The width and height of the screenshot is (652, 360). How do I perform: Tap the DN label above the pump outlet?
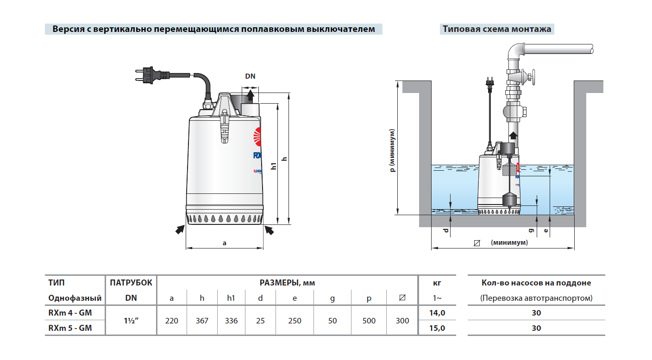point(250,77)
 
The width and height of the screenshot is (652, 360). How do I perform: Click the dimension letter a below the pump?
point(225,242)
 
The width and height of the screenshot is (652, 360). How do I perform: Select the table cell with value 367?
point(202,321)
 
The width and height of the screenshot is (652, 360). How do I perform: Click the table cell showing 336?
point(231,321)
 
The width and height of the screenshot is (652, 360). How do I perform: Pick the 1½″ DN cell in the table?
point(131,321)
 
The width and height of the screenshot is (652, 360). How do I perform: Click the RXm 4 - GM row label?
point(70,313)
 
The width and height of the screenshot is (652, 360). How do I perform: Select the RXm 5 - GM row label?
point(70,329)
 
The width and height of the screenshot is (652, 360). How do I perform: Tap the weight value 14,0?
point(438,313)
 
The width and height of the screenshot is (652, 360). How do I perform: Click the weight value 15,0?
point(438,329)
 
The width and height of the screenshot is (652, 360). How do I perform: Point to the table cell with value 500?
point(369,321)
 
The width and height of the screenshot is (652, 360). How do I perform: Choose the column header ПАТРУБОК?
point(131,283)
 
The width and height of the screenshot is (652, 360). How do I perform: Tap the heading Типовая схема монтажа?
point(497,29)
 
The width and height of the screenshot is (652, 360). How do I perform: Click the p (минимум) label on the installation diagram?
point(393,150)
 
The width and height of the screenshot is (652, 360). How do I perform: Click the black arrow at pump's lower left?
point(179,229)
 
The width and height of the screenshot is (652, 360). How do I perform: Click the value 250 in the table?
point(295,321)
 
